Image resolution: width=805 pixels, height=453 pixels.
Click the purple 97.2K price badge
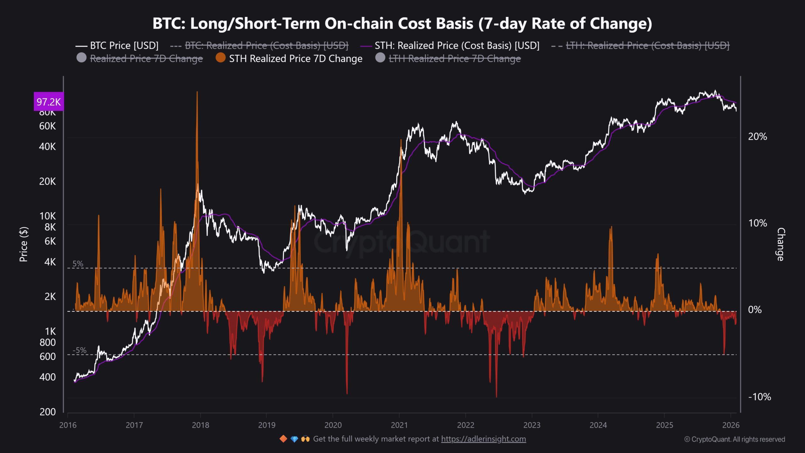pos(49,102)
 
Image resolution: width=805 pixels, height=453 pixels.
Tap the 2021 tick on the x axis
pos(399,425)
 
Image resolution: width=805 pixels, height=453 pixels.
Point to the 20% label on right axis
pos(758,137)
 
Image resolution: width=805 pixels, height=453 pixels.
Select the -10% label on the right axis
pos(759,397)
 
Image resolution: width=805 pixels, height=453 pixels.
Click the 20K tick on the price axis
pos(47,182)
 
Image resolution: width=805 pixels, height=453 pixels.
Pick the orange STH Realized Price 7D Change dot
pos(221,58)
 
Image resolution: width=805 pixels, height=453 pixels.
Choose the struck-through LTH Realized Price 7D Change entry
pos(455,59)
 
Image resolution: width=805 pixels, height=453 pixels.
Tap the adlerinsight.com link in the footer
pos(483,439)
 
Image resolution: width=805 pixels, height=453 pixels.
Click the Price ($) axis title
pos(24,244)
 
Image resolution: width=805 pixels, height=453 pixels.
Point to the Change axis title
pos(780,244)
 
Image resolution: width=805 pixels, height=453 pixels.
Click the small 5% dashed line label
pos(78,264)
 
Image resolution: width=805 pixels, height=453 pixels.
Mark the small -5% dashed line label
pos(79,350)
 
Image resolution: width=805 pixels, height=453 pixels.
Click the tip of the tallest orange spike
pos(197,92)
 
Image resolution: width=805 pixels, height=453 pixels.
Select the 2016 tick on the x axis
pos(68,425)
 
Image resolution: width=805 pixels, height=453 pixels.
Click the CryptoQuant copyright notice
pos(735,439)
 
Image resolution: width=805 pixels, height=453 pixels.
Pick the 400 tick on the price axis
pos(47,377)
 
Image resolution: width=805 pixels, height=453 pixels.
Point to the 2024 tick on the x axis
pos(598,425)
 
